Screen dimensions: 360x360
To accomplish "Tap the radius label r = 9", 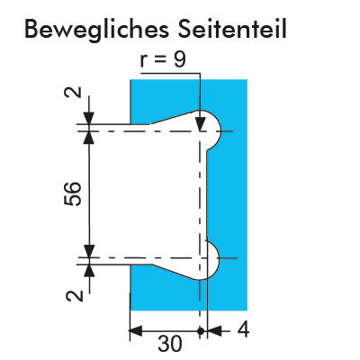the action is (x=163, y=60).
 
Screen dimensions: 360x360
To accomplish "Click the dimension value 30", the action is (x=170, y=344).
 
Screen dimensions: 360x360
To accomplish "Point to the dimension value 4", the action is (x=243, y=330).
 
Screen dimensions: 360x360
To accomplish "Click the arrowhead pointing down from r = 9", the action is (x=200, y=124).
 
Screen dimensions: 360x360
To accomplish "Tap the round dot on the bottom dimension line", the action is (x=202, y=331).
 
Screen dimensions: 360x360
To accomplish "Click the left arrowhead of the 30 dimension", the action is (x=135, y=331).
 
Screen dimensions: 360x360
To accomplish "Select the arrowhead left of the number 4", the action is (x=214, y=331).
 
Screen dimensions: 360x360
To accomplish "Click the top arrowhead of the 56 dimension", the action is (x=89, y=139).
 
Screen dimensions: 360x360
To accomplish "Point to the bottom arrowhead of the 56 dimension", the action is (x=89, y=251).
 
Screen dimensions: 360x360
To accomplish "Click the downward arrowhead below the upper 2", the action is (x=89, y=118).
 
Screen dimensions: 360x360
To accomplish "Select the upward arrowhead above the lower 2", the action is (x=89, y=271).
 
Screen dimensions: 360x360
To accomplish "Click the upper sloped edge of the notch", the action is (x=175, y=117).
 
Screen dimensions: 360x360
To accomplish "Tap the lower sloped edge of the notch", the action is (x=175, y=272).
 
